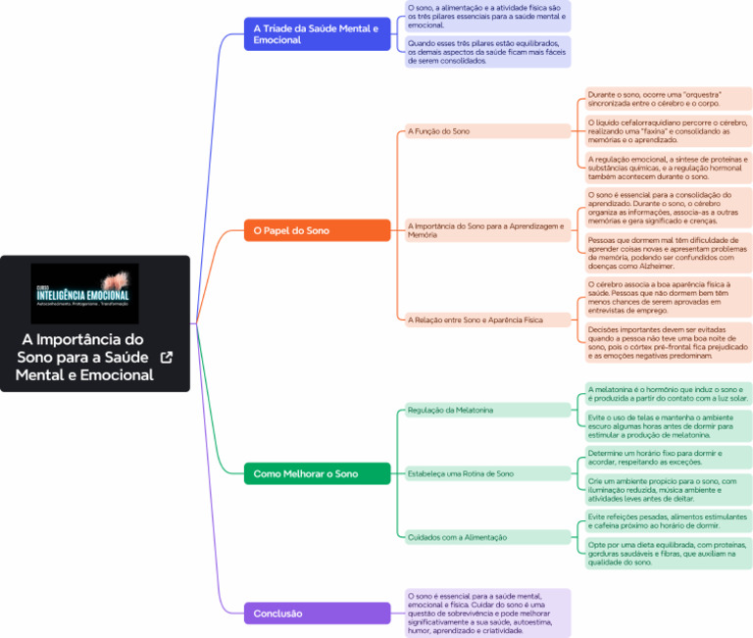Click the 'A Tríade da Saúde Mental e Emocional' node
tap(317, 34)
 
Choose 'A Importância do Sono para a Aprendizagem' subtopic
tap(485, 230)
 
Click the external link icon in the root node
tap(167, 358)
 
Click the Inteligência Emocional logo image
tap(84, 293)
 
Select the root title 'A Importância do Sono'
tap(84, 357)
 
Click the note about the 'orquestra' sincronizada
tap(668, 99)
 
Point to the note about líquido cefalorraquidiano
tap(668, 131)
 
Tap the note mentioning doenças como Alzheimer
tap(668, 253)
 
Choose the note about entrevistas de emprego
tap(668, 297)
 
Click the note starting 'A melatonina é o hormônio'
tap(668, 394)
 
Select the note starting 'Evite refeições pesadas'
tap(668, 520)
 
